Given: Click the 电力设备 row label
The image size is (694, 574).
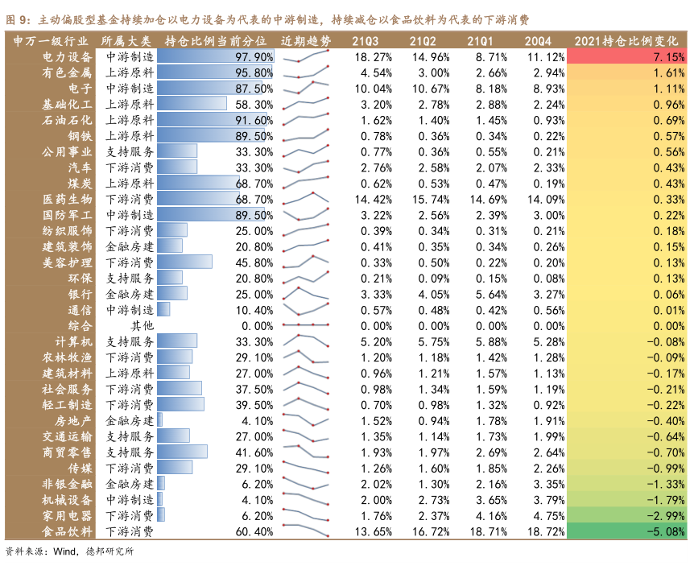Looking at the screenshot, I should pyautogui.click(x=68, y=57).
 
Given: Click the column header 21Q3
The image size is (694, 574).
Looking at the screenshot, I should pyautogui.click(x=366, y=40).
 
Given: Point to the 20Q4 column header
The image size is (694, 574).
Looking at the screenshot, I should pyautogui.click(x=538, y=40).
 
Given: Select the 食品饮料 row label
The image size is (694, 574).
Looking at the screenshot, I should pyautogui.click(x=68, y=531).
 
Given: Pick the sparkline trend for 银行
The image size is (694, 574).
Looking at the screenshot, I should pyautogui.click(x=306, y=294).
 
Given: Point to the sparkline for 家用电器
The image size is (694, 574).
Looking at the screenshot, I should pyautogui.click(x=306, y=514).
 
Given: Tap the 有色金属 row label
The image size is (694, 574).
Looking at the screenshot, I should pyautogui.click(x=68, y=72).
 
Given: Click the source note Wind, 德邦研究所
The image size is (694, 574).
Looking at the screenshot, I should pyautogui.click(x=68, y=551).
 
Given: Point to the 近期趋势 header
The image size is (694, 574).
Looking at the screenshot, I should pyautogui.click(x=306, y=40).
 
